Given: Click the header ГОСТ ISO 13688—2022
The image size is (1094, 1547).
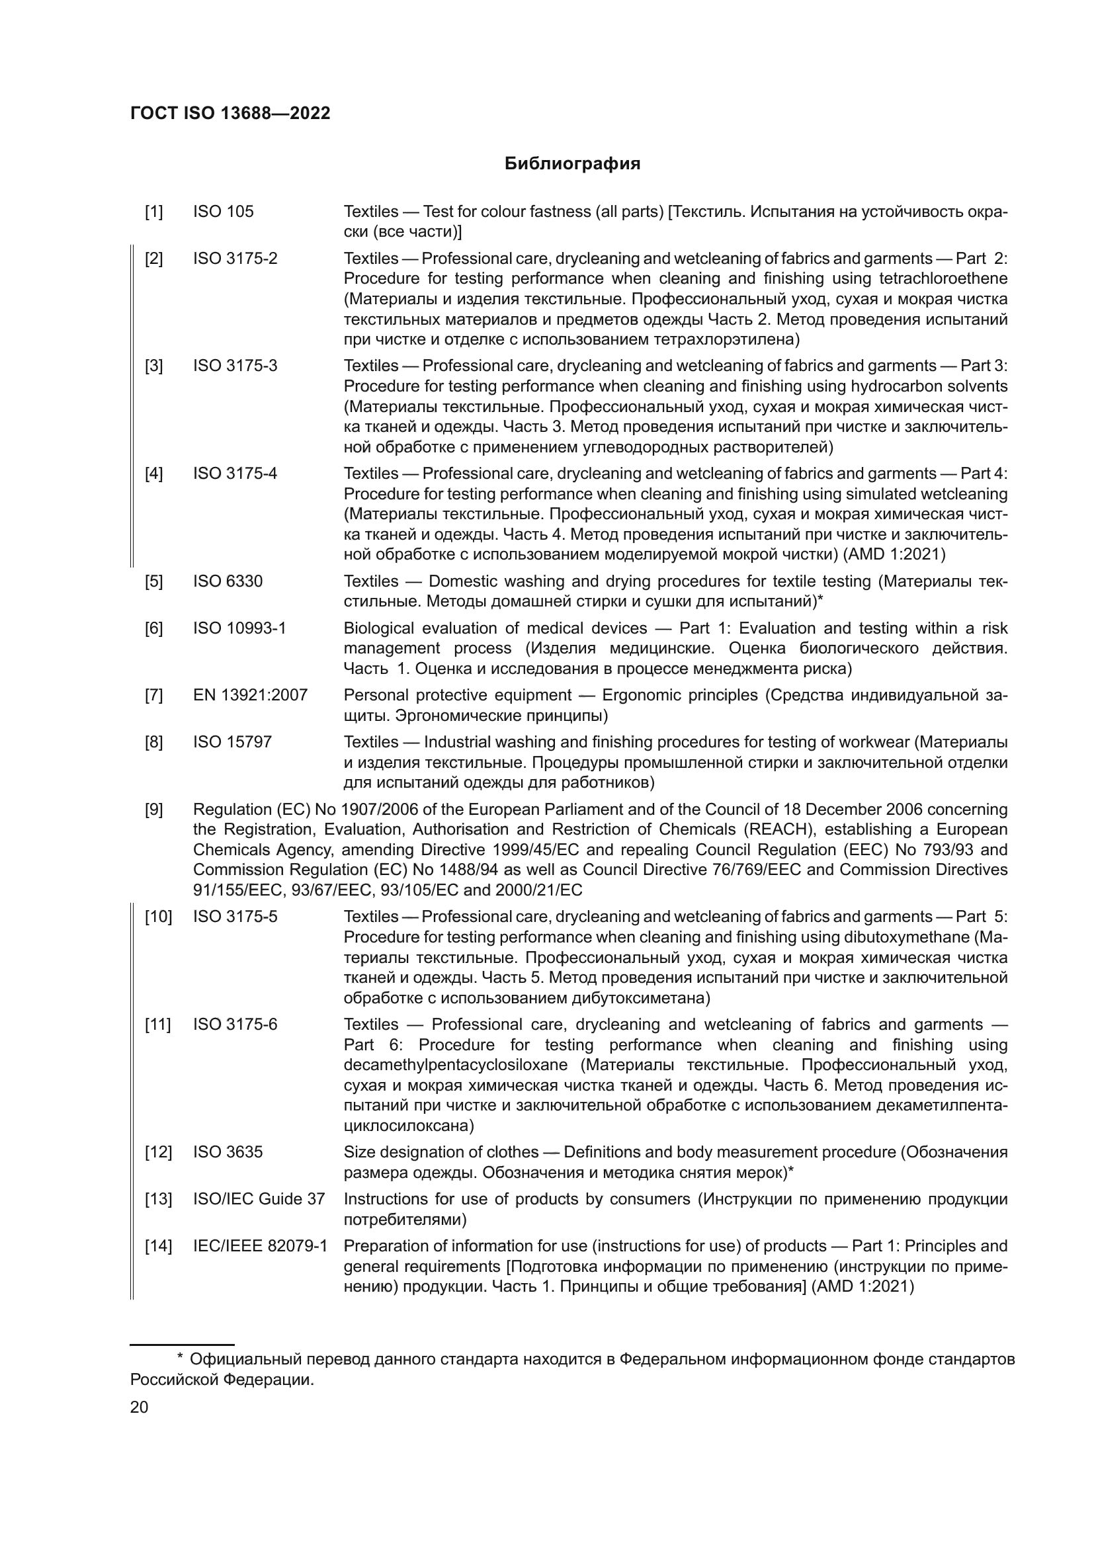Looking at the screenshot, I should point(230,113).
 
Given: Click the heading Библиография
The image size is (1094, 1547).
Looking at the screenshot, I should point(572,164).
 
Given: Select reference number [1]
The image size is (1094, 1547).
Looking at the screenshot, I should point(153,212).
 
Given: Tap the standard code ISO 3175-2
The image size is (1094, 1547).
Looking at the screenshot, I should point(235,258).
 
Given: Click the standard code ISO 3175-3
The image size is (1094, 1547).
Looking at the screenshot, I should point(235,366).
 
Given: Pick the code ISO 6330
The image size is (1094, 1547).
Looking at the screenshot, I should point(228,581).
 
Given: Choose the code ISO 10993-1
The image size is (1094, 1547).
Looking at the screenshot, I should point(239,628).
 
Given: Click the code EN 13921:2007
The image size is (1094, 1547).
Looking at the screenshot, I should point(250,694).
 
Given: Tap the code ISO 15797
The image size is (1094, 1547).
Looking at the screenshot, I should point(232,742).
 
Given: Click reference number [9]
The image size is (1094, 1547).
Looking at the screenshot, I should point(153,809).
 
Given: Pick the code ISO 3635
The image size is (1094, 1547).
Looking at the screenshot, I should point(228,1152).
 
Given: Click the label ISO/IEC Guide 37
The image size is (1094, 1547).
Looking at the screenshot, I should point(259,1198).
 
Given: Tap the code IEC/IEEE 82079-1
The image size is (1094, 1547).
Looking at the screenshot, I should point(260,1246).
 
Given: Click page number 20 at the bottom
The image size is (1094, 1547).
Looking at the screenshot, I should point(139,1407).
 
